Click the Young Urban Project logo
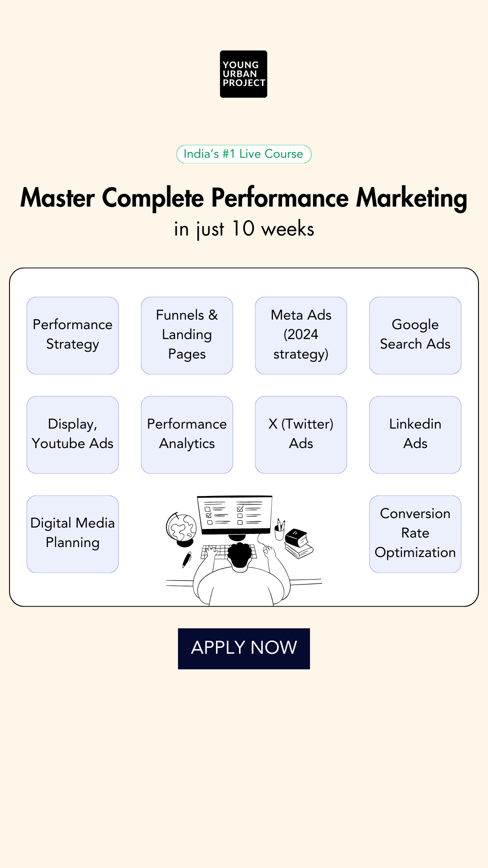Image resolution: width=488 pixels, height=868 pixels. [x=244, y=74]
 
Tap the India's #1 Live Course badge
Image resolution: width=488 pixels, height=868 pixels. [x=244, y=154]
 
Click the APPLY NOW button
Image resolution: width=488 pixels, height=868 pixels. [x=244, y=649]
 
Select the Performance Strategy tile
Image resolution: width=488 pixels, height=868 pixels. [x=73, y=335]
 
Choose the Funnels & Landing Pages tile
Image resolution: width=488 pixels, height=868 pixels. [x=187, y=335]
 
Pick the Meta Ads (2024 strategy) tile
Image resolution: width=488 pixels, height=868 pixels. [x=301, y=335]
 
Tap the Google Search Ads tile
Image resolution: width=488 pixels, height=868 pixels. [x=415, y=335]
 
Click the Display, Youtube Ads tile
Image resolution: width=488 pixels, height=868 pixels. [x=73, y=435]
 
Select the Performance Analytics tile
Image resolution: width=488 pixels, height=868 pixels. [x=187, y=435]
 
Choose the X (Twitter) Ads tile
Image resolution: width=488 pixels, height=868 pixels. [x=301, y=435]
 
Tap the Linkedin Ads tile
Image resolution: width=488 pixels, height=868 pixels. [x=415, y=435]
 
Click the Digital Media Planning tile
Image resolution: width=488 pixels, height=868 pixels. [x=73, y=534]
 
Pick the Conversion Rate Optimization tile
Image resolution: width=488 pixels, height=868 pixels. [x=415, y=534]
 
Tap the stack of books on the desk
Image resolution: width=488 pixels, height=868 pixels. [x=299, y=544]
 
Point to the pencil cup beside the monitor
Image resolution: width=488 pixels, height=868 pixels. [x=280, y=530]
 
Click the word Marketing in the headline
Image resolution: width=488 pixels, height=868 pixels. [x=412, y=198]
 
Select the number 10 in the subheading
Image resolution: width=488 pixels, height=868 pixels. [x=243, y=228]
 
